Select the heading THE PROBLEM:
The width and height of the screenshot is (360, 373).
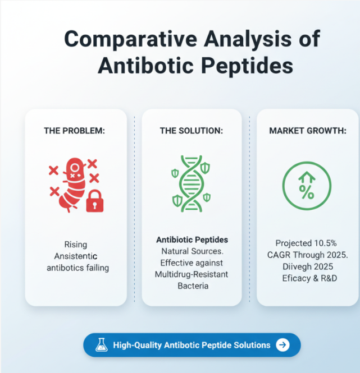pos(75,131)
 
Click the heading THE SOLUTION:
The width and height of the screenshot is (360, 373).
pos(192,131)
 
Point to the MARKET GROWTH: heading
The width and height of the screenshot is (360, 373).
pos(307,131)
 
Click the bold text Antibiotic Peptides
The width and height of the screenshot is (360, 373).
pos(192,240)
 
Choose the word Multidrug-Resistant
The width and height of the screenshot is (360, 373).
pos(192,274)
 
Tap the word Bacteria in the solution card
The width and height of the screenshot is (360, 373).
pos(192,286)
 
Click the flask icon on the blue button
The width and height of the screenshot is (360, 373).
pos(102,345)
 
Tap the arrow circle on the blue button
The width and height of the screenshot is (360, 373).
pos(284,345)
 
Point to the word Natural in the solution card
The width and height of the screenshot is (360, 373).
pos(175,251)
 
